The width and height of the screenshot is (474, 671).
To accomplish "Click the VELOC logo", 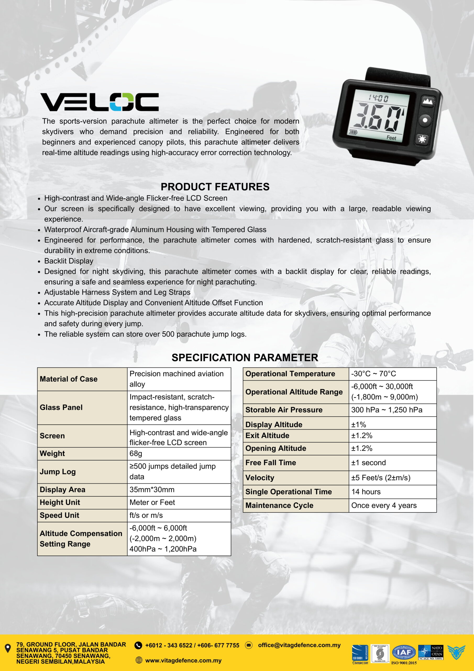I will pyautogui.click(x=99, y=102).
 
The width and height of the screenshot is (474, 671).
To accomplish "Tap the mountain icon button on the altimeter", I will pyautogui.click(x=427, y=101).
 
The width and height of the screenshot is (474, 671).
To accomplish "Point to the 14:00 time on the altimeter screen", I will pyautogui.click(x=378, y=98).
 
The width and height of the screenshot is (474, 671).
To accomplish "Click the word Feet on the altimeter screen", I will pyautogui.click(x=391, y=138).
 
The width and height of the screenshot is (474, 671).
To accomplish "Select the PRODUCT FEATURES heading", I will pyautogui.click(x=215, y=187).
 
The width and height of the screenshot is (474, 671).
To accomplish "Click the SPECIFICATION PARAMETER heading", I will pyautogui.click(x=245, y=358).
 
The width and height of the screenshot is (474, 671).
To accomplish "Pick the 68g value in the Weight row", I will pyautogui.click(x=136, y=453).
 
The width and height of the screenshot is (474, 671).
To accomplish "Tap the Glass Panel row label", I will pyautogui.click(x=61, y=407).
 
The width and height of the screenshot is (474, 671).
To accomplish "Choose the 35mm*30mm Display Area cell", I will pyautogui.click(x=152, y=490).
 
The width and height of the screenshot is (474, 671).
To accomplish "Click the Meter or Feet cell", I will pyautogui.click(x=152, y=502).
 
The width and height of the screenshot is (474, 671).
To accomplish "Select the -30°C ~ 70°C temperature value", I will pyautogui.click(x=373, y=374).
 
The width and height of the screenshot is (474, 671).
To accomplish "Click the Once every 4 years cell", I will pyautogui.click(x=384, y=505).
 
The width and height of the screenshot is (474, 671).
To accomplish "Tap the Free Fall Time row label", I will pyautogui.click(x=271, y=463).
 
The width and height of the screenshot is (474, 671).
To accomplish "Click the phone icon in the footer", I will pyautogui.click(x=138, y=645).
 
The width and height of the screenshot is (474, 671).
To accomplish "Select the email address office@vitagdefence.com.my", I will pyautogui.click(x=299, y=645).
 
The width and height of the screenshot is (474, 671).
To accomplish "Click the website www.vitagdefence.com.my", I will pyautogui.click(x=183, y=660).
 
